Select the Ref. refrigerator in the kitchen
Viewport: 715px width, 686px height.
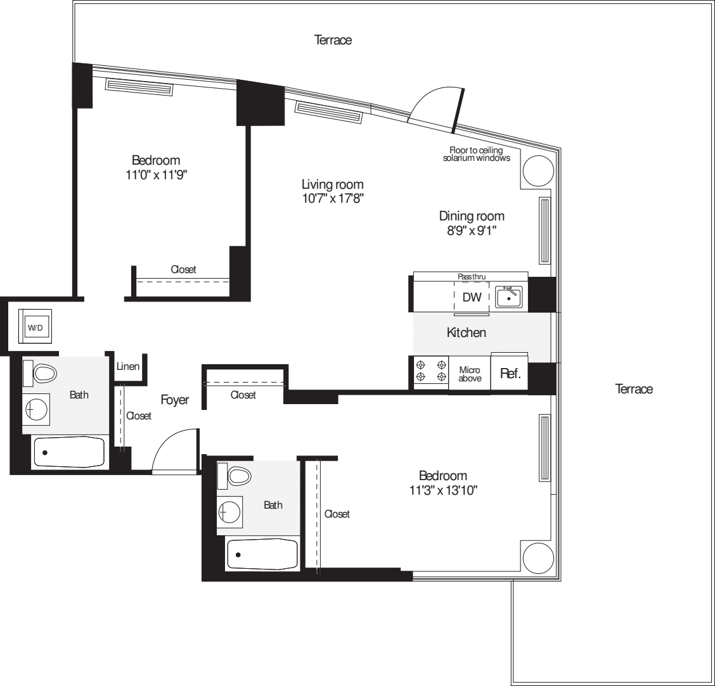click(x=510, y=374)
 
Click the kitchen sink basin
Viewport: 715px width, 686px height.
click(x=508, y=296)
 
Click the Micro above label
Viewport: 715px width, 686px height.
click(x=470, y=374)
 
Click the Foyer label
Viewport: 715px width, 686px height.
click(x=174, y=400)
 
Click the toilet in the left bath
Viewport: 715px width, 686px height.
click(x=44, y=373)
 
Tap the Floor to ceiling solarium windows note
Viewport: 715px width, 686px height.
click(x=476, y=154)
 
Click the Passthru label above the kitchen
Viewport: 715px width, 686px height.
click(x=471, y=277)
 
